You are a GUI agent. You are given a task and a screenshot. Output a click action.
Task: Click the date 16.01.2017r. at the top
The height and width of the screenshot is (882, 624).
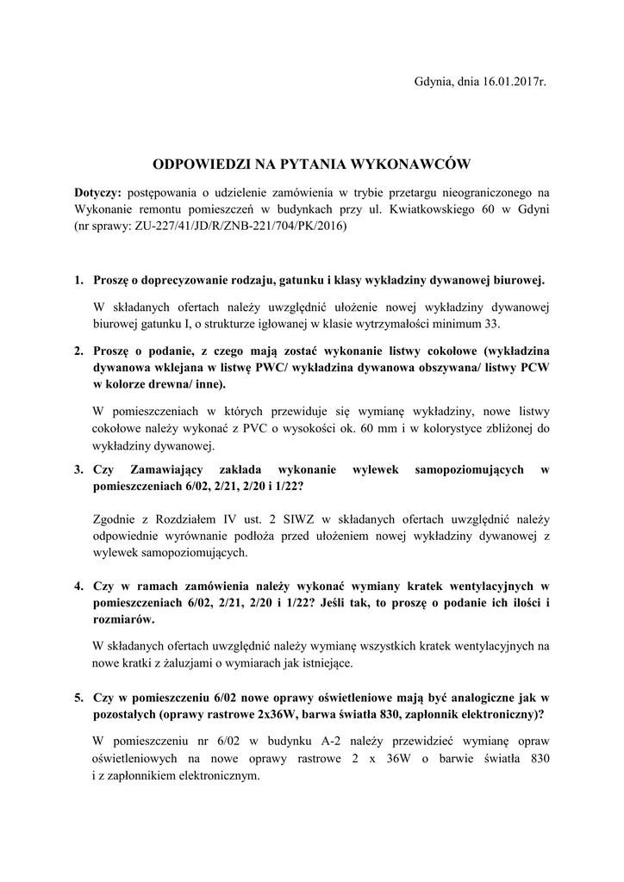tap(507, 82)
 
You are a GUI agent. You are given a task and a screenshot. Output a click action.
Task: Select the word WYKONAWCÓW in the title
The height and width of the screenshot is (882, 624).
tap(405, 162)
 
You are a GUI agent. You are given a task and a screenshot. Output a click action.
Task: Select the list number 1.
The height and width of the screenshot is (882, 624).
tap(78, 281)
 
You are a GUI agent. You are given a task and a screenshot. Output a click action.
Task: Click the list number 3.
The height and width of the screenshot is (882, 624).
tap(78, 469)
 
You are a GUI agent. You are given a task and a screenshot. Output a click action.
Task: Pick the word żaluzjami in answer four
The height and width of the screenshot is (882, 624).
tap(189, 663)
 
